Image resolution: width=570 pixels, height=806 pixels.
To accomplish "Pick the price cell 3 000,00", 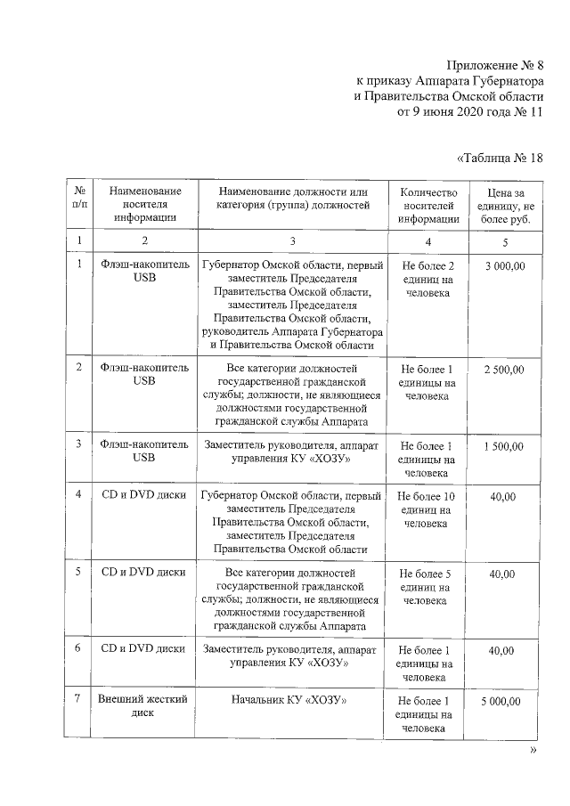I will pyautogui.click(x=505, y=266).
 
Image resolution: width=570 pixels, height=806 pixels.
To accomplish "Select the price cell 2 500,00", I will pyautogui.click(x=505, y=370).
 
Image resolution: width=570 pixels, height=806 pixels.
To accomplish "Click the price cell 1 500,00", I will pyautogui.click(x=505, y=447).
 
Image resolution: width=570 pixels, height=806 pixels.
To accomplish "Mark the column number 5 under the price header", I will pyautogui.click(x=505, y=241).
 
